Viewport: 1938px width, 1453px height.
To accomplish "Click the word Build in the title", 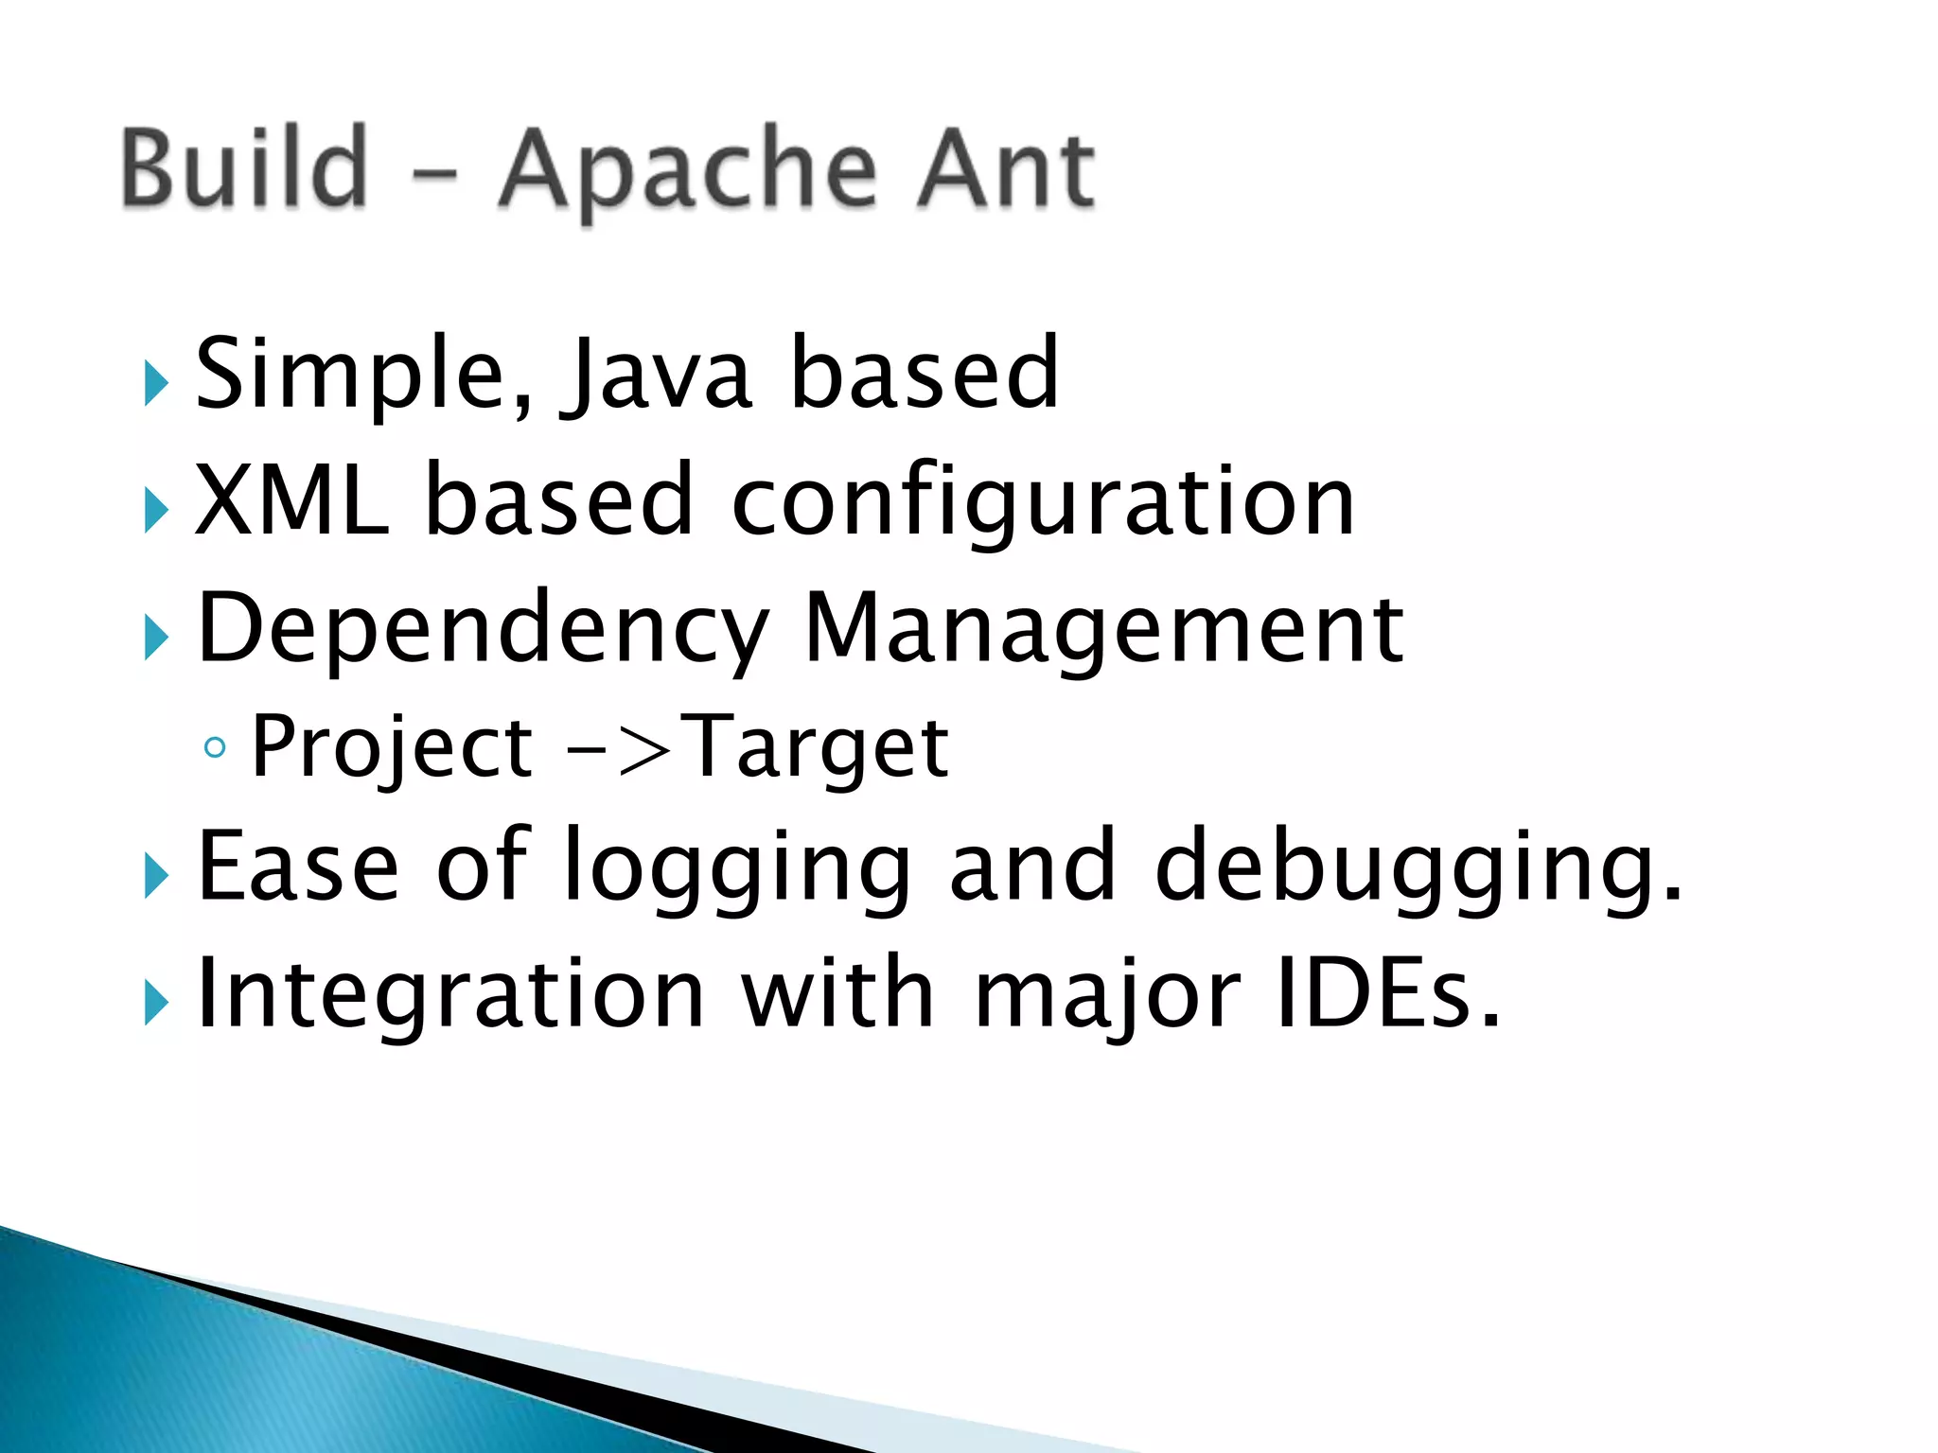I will click(x=244, y=168).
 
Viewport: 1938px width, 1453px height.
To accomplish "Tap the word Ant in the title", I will click(x=1004, y=170).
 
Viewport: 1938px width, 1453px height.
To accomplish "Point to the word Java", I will click(x=659, y=376).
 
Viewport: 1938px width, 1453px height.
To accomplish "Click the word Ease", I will click(x=298, y=865).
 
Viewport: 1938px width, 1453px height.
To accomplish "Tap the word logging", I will click(x=737, y=868).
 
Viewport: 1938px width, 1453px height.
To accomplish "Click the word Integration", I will click(x=450, y=993).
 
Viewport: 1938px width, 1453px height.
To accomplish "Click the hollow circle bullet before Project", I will click(x=216, y=748).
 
